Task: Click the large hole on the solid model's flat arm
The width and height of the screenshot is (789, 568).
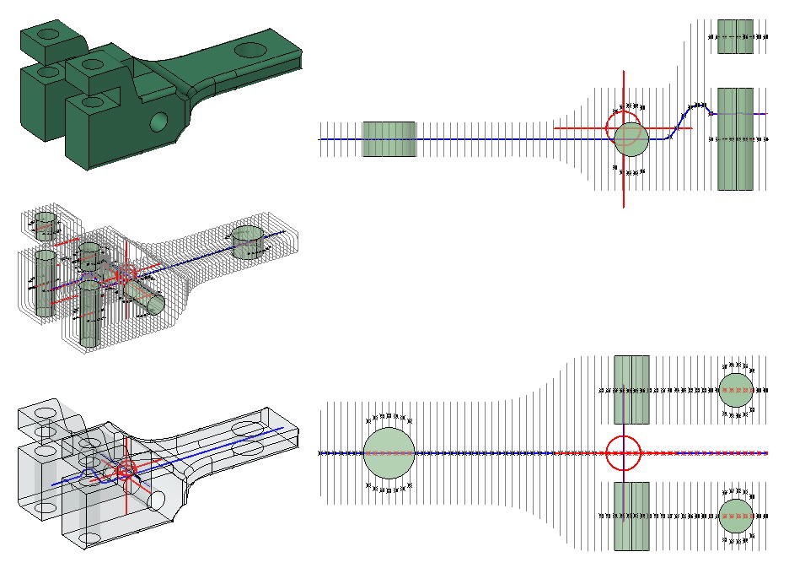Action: pyautogui.click(x=249, y=48)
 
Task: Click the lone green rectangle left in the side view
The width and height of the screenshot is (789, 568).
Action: pyautogui.click(x=389, y=138)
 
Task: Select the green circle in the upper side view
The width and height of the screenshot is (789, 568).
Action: pyautogui.click(x=630, y=138)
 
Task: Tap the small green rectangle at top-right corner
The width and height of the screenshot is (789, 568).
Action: pyautogui.click(x=735, y=37)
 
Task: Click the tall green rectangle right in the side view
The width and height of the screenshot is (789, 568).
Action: pyautogui.click(x=735, y=138)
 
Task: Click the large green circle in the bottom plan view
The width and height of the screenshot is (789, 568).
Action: pyautogui.click(x=389, y=453)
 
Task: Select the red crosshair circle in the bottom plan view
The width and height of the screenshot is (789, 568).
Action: pyautogui.click(x=624, y=453)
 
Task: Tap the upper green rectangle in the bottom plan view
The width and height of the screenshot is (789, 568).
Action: pyautogui.click(x=631, y=389)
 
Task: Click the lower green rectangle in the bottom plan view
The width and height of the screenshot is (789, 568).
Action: pyautogui.click(x=631, y=517)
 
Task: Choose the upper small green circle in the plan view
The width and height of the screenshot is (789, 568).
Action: pyautogui.click(x=734, y=390)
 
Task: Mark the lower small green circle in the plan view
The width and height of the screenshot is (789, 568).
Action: pyautogui.click(x=734, y=515)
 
